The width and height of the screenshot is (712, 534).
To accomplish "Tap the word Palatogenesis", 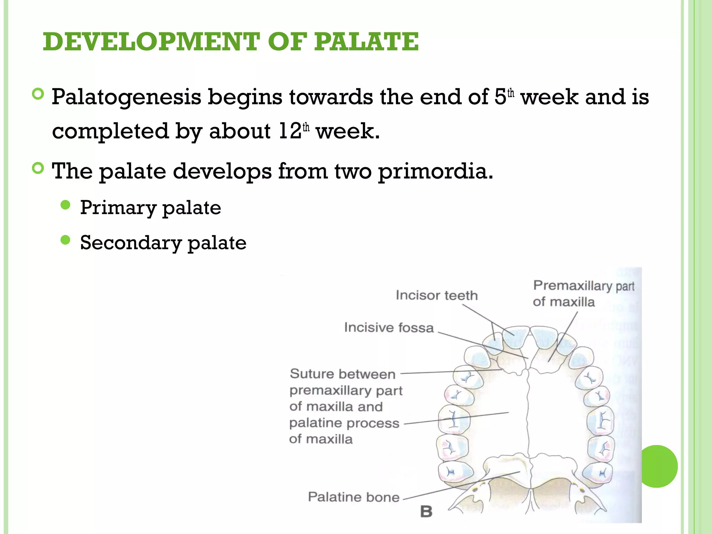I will click(127, 97).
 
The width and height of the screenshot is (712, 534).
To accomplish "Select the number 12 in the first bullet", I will click(290, 131).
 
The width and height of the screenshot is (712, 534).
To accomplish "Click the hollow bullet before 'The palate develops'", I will click(38, 169).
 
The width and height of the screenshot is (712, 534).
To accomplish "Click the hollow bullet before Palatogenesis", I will click(38, 94).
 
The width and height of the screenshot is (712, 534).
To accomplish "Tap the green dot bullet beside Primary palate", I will click(65, 205).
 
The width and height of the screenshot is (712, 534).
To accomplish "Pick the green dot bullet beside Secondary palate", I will click(65, 240).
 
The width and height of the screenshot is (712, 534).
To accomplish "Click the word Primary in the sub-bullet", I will click(118, 208).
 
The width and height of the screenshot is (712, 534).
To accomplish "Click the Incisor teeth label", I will click(437, 296).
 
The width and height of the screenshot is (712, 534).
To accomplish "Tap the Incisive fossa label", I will click(389, 327).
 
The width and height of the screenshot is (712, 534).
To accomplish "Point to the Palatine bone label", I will click(354, 497).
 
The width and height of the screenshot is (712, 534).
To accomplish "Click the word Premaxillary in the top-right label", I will click(572, 286).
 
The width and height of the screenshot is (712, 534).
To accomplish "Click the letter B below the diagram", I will click(426, 512).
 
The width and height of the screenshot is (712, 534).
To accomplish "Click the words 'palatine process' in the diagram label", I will click(344, 423).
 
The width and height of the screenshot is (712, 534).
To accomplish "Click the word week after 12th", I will click(348, 131).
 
